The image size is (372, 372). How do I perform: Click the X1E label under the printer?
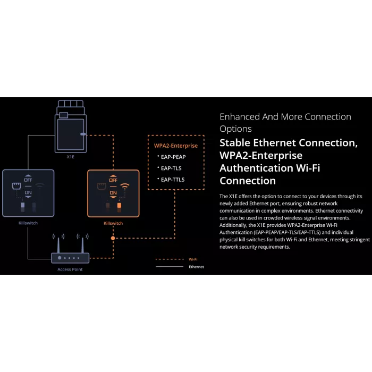click(x=71, y=157)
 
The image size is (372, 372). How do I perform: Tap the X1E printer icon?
click(x=71, y=126)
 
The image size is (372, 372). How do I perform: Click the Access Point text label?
click(x=70, y=269)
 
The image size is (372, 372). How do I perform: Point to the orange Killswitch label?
click(x=113, y=223)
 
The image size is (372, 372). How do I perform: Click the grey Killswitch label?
click(x=28, y=223)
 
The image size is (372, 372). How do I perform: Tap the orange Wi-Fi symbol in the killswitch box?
click(x=125, y=186)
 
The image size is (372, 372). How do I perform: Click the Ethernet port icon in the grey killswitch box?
click(x=16, y=186)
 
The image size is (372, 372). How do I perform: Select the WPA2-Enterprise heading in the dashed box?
click(x=176, y=146)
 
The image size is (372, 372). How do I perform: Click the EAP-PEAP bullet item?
click(x=173, y=157)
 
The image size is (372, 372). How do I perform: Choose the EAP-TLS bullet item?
click(x=171, y=168)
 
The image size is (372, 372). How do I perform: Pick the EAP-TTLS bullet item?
click(x=173, y=180)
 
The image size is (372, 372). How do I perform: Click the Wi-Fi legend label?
click(x=193, y=259)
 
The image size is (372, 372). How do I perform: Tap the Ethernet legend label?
click(x=196, y=267)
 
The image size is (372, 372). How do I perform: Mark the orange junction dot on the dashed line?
click(x=113, y=238)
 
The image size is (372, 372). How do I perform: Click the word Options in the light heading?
click(x=235, y=129)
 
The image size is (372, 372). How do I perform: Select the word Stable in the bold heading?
click(x=235, y=143)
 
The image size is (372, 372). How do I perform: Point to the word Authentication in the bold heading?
click(x=256, y=168)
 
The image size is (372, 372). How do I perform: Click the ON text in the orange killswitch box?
click(x=113, y=193)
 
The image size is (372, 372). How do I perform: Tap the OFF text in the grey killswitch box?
click(x=28, y=180)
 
